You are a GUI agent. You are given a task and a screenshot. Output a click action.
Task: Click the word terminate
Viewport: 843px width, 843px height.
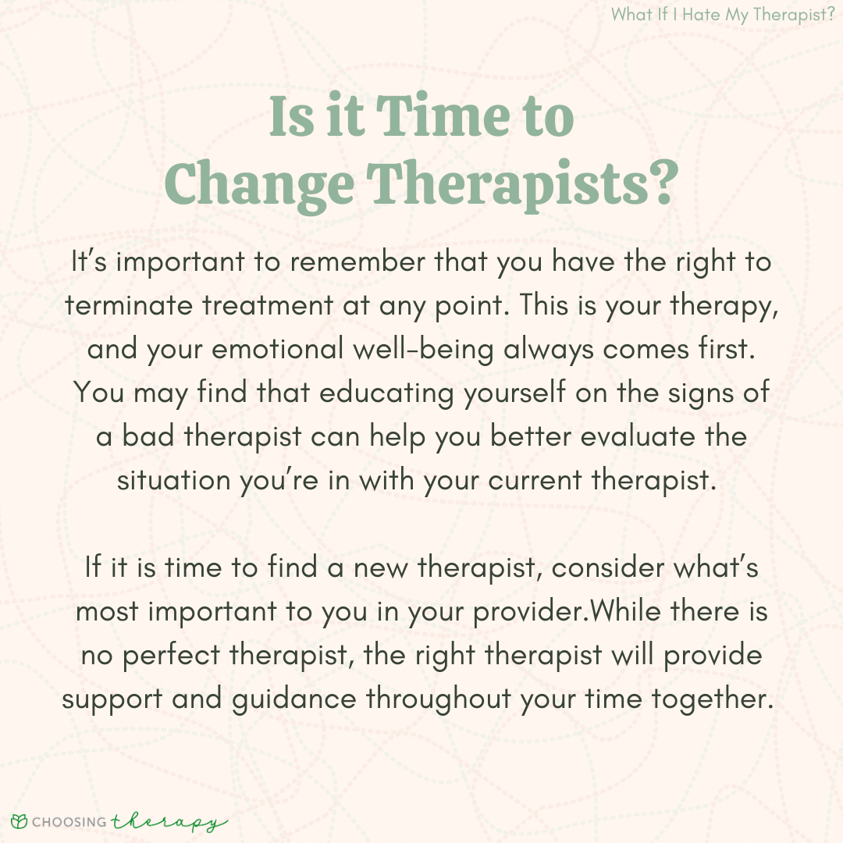coord(129,305)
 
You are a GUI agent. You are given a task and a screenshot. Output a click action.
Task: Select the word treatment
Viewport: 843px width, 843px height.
coord(268,305)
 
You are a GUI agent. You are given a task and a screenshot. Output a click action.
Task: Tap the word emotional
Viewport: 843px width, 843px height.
coord(277,349)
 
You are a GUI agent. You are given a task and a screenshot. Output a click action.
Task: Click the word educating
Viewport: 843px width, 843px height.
coord(386,393)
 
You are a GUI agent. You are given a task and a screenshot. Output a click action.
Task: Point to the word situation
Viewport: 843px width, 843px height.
coord(173,479)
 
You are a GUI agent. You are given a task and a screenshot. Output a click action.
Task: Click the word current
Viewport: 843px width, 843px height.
coord(535,480)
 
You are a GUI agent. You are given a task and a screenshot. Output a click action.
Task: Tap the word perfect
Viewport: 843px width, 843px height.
coord(171,656)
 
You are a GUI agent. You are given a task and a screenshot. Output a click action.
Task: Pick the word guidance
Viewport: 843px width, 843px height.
coord(294,699)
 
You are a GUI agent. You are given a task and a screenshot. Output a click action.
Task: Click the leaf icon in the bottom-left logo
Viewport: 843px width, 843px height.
coord(19,821)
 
